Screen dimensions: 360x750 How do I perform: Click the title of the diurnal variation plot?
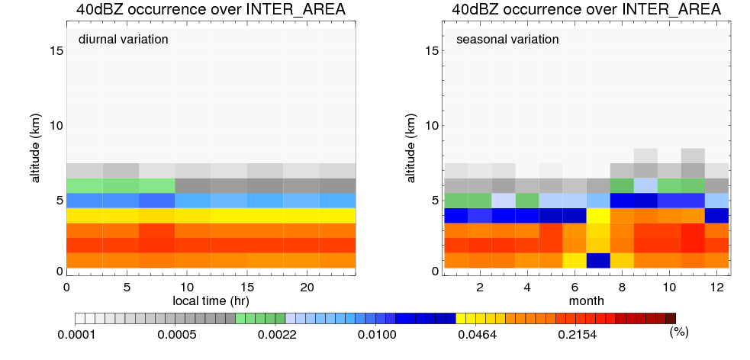pos(211,10)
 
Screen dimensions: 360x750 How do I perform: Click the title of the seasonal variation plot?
pos(585,10)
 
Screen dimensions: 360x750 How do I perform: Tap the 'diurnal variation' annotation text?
pos(123,40)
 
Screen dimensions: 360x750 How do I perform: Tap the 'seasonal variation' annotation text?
pos(507,40)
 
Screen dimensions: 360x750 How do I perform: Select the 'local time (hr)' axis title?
pos(211,301)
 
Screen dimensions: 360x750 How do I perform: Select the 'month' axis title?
pos(585,301)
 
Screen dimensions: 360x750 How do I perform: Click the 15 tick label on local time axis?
pos(246,287)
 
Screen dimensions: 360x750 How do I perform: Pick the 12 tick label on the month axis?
pos(716,287)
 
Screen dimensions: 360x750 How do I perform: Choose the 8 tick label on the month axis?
pos(622,287)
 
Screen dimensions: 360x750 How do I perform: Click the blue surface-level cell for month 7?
pos(598,260)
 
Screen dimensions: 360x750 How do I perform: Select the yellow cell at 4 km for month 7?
pos(598,215)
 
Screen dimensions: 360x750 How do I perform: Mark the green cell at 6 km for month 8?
pos(622,185)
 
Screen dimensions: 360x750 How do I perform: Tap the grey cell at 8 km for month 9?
pos(645,156)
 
